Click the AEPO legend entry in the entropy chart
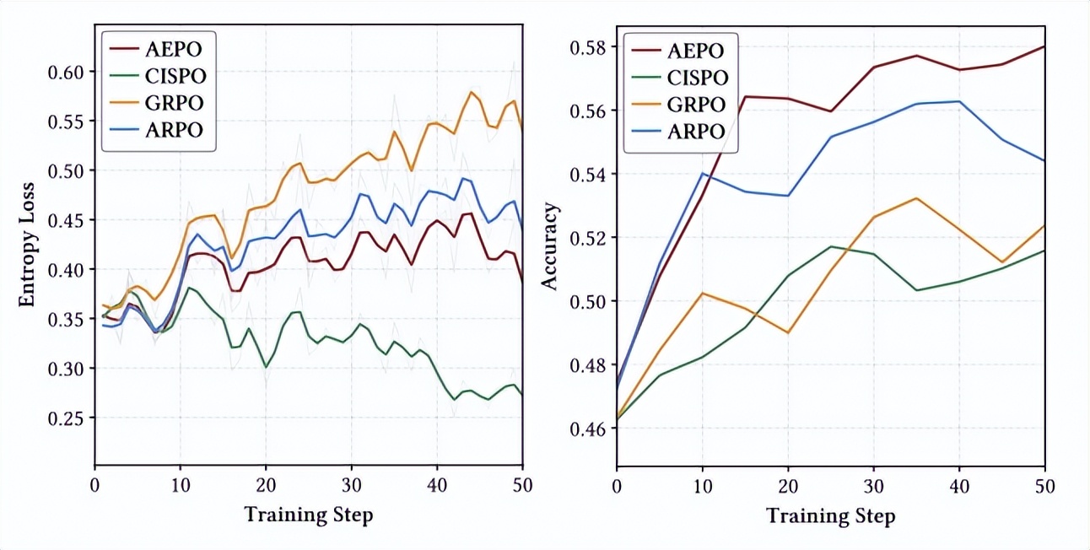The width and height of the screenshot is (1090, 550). point(156,47)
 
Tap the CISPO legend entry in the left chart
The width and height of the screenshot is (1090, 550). point(156,75)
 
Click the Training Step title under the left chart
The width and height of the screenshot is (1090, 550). point(308,514)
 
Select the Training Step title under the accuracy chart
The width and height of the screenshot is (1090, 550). point(830,515)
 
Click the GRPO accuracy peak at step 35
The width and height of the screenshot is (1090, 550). point(916,198)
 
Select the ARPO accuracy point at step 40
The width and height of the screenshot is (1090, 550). point(959,101)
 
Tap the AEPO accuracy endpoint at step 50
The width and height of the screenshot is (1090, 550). point(1044,46)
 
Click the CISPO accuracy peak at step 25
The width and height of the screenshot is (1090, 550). point(831,246)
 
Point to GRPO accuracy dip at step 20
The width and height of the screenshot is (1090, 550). point(788,332)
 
